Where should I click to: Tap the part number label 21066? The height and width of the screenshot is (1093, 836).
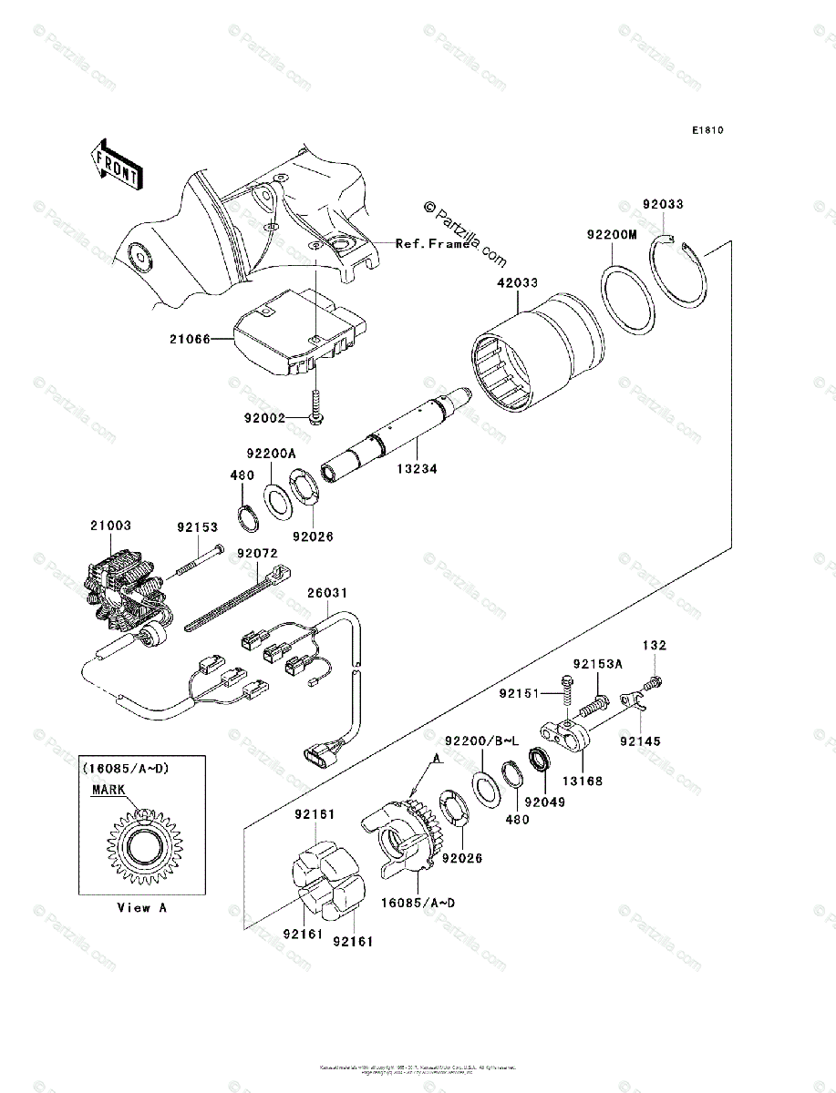189,340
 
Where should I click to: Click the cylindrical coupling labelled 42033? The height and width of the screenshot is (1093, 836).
538,355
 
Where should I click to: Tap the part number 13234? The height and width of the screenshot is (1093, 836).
416,470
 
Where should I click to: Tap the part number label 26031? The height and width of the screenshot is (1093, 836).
326,593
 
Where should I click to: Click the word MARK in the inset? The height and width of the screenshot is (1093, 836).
107,791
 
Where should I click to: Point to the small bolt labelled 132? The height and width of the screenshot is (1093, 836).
653,681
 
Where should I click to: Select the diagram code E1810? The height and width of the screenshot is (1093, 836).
707,130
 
